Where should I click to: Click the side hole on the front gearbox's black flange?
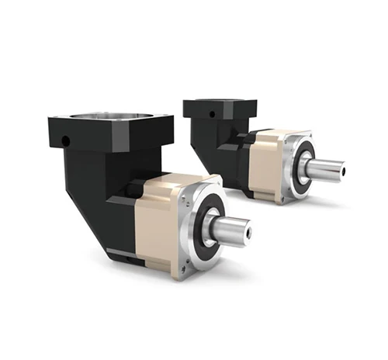[66, 142]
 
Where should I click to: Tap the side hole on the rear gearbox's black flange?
[211, 113]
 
